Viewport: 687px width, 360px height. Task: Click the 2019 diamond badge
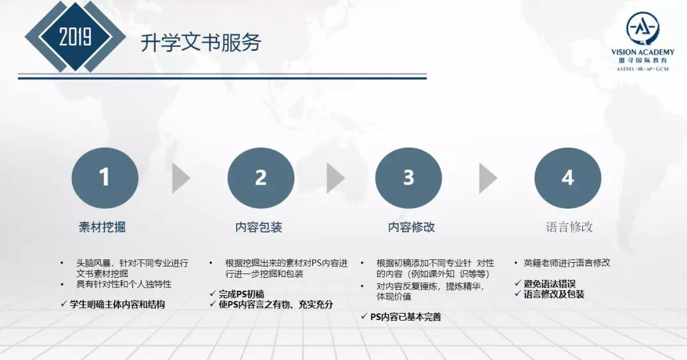tap(75, 36)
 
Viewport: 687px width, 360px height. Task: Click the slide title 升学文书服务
tap(200, 43)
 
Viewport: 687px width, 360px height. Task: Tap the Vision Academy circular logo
tap(642, 29)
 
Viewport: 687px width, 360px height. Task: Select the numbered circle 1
tap(105, 178)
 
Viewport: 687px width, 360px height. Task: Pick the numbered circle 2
tap(261, 178)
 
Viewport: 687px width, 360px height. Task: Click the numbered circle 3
tap(408, 178)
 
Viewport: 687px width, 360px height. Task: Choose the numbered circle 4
tap(568, 178)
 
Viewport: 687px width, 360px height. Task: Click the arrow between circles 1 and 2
tap(181, 178)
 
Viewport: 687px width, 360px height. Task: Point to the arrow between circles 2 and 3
tap(336, 178)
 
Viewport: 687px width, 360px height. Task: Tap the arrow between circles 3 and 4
tap(488, 178)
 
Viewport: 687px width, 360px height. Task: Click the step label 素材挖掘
tap(102, 227)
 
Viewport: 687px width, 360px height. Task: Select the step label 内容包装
tap(258, 227)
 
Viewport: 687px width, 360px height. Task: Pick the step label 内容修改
tap(412, 227)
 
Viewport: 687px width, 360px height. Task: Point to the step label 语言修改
tap(569, 227)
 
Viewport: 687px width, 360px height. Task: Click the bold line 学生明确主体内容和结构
tap(117, 305)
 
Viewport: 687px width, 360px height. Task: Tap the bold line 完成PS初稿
tap(242, 294)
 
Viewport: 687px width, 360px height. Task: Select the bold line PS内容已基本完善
tap(406, 317)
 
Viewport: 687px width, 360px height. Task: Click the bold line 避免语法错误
tap(550, 284)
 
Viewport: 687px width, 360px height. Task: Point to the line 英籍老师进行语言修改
tap(567, 263)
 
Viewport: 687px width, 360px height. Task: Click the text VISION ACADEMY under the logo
tap(642, 52)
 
